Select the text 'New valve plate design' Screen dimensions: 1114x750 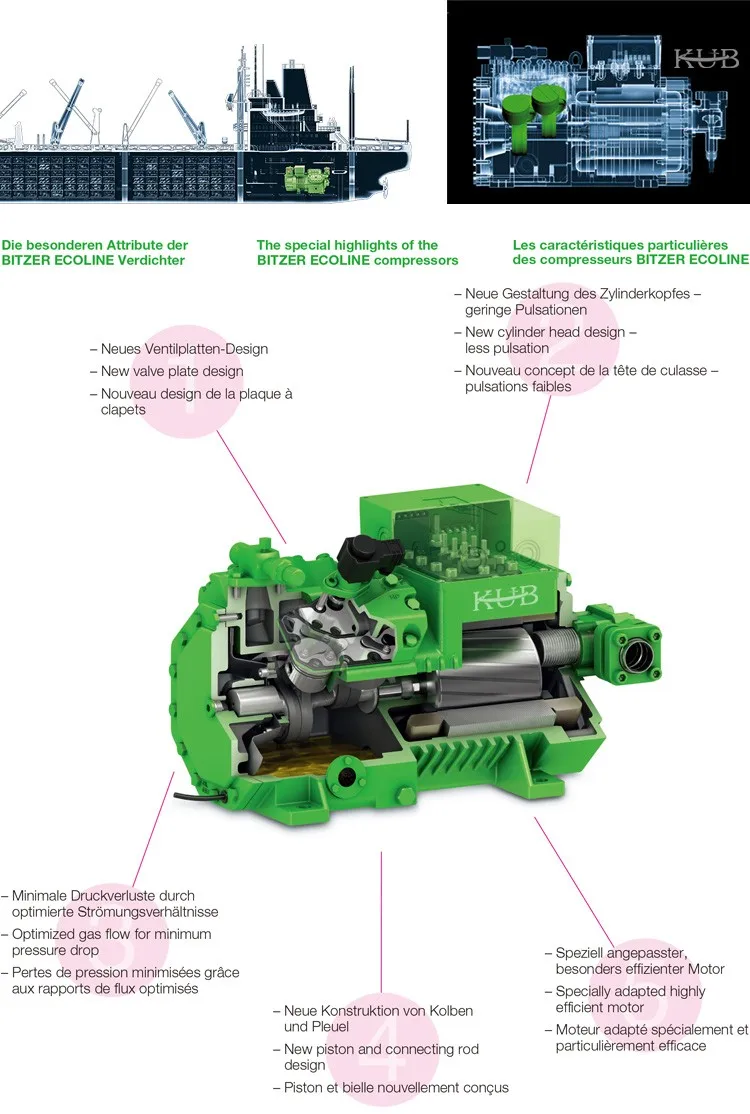pyautogui.click(x=172, y=371)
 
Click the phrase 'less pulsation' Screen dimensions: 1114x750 pyautogui.click(x=507, y=348)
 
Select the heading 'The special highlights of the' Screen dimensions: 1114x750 pyautogui.click(x=347, y=245)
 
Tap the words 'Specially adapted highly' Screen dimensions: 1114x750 pyautogui.click(x=630, y=991)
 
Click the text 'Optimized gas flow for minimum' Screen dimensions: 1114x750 pyautogui.click(x=111, y=934)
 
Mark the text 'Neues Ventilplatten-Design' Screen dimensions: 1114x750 pyautogui.click(x=184, y=349)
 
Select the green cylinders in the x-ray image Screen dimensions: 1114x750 pyautogui.click(x=533, y=111)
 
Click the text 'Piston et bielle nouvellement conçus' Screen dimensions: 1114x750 pyautogui.click(x=396, y=1087)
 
